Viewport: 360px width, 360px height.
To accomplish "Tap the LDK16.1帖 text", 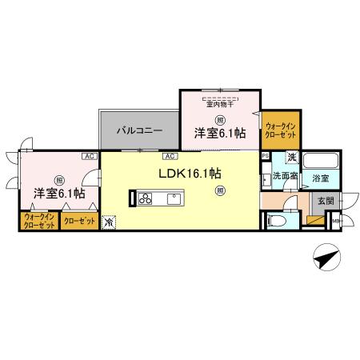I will (191, 172).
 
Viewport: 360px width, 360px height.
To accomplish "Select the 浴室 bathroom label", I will (322, 176).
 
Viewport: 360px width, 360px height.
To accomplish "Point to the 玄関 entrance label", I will (324, 201).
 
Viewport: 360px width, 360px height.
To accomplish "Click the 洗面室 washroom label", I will (284, 176).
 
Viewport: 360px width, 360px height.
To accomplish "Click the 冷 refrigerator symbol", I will (110, 222).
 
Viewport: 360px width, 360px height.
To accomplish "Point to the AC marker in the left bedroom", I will (87, 156).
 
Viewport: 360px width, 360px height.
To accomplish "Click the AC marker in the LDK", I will (170, 156).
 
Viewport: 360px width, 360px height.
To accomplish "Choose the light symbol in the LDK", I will (221, 190).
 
